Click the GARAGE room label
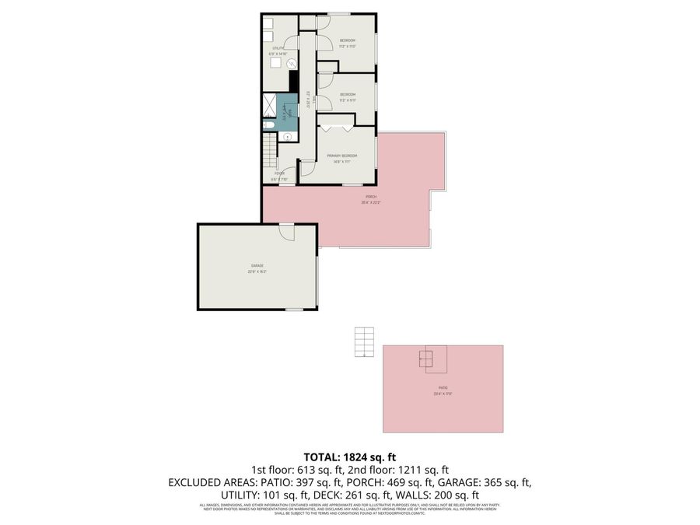click(257, 265)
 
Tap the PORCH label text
click(370, 197)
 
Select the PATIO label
click(443, 387)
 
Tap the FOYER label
click(278, 173)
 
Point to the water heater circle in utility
click(292, 64)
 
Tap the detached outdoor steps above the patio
click(364, 341)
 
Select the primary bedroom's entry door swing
click(306, 166)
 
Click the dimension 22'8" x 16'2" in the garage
click(257, 272)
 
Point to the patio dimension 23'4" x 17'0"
click(443, 394)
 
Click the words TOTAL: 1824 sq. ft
click(349, 457)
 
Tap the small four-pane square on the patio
click(426, 359)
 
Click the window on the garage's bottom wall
click(294, 310)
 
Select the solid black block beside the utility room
click(294, 80)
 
